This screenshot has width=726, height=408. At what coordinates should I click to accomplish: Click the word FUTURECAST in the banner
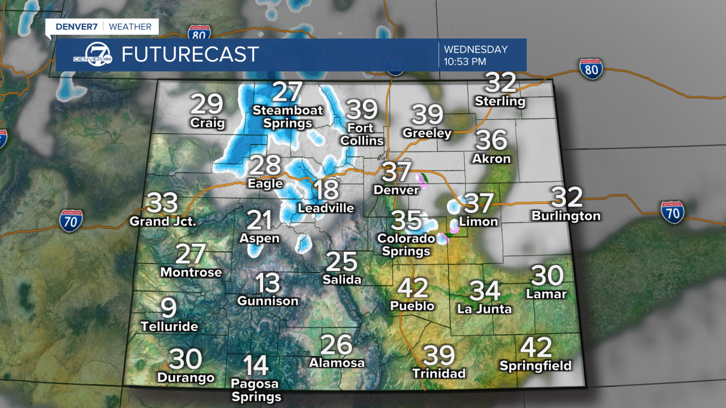click(190, 54)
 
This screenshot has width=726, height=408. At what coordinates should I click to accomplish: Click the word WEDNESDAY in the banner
click(475, 49)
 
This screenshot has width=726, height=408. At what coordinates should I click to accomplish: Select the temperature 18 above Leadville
click(326, 190)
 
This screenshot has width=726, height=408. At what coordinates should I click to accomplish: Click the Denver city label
click(396, 190)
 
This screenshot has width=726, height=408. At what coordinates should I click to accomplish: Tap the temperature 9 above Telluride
click(168, 308)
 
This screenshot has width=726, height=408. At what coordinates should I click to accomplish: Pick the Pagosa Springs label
click(256, 390)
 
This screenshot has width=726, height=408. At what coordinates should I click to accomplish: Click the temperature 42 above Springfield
click(535, 347)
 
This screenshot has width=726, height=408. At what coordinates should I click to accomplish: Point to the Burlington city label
click(565, 216)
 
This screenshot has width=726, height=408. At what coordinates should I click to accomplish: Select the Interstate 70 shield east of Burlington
click(672, 212)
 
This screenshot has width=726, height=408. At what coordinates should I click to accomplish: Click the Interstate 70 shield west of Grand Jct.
click(71, 220)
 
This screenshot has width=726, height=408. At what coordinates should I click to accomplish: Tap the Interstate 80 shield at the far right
click(591, 69)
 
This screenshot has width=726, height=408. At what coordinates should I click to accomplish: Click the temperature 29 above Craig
click(206, 105)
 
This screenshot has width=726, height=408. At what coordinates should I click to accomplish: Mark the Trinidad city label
click(439, 373)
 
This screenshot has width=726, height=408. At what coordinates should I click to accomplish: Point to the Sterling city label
click(500, 101)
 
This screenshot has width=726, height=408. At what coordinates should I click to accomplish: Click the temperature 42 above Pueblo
click(412, 288)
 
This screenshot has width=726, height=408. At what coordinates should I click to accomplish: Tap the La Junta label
click(484, 309)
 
